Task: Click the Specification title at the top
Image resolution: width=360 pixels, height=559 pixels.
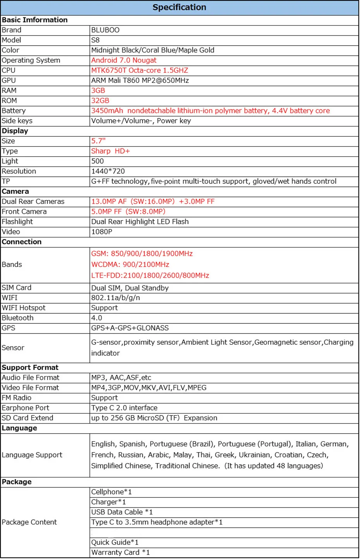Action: coord(179,7)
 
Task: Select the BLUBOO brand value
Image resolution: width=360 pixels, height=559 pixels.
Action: coord(105,30)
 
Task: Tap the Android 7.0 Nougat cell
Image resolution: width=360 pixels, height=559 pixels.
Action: coord(124,60)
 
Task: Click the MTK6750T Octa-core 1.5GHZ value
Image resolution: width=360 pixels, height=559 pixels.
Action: coord(139,70)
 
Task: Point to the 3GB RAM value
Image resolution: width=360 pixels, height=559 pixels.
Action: coord(98,91)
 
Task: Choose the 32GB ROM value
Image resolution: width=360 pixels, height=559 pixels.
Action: coord(100,101)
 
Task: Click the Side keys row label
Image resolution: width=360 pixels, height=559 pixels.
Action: coord(17,121)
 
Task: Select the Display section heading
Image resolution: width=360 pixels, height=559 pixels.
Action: coord(15,131)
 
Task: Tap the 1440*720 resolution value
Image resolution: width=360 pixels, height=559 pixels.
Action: coord(108,171)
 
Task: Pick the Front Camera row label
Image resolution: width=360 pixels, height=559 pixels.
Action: coord(24,212)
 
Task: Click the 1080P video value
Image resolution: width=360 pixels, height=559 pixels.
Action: coord(101,232)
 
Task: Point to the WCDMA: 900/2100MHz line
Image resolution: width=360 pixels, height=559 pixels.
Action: coord(130,265)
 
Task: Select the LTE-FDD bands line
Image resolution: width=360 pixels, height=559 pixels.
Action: coord(150,275)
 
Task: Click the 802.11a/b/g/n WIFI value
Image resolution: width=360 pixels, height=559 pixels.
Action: coord(115,298)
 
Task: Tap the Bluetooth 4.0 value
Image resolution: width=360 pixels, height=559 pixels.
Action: coord(97,318)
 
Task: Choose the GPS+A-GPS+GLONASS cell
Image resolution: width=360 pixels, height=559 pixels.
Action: coord(130,328)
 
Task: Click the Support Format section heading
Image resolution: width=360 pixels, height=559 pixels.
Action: coord(30,368)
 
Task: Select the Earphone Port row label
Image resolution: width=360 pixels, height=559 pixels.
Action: coord(26,408)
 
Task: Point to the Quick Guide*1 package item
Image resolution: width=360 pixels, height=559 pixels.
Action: coord(115,542)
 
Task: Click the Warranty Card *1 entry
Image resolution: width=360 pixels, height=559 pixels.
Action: coord(120,552)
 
